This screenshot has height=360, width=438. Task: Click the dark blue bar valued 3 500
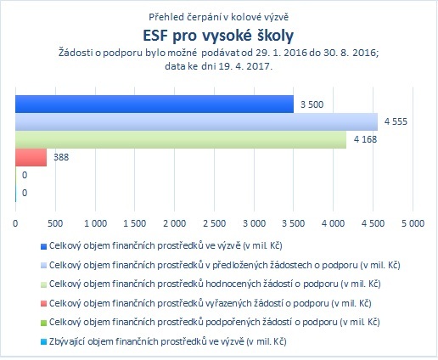tap(154, 104)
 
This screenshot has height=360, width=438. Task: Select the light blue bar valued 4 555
tap(196, 121)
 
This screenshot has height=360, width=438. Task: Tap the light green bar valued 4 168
tap(181, 139)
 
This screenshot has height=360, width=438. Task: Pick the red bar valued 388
tap(31, 157)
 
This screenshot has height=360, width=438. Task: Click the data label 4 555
tap(396, 121)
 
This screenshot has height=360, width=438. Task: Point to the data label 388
tap(61, 157)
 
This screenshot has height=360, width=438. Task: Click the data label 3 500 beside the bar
tap(312, 104)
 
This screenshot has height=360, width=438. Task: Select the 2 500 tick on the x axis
tap(215, 223)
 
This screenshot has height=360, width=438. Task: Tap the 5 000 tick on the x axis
tap(413, 223)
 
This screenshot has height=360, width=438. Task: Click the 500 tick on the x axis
tap(55, 223)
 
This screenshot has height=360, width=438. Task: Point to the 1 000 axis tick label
tap(95, 223)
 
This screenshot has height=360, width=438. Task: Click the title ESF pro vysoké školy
tap(218, 36)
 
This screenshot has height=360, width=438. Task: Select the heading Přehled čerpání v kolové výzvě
tap(219, 17)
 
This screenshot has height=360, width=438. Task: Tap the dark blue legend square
tap(43, 246)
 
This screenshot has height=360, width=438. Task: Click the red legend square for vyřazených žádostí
tap(43, 304)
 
